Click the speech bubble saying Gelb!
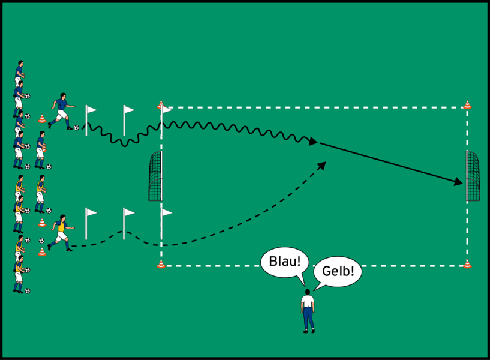(x=338, y=272)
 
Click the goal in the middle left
(x=155, y=176)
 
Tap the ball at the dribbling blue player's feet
(x=76, y=127)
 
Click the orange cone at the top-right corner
(x=467, y=106)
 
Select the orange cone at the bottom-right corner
(x=467, y=263)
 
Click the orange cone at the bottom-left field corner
(x=161, y=263)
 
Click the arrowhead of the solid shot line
(x=459, y=181)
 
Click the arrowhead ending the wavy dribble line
(x=313, y=142)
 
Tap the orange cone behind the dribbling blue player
(x=42, y=119)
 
